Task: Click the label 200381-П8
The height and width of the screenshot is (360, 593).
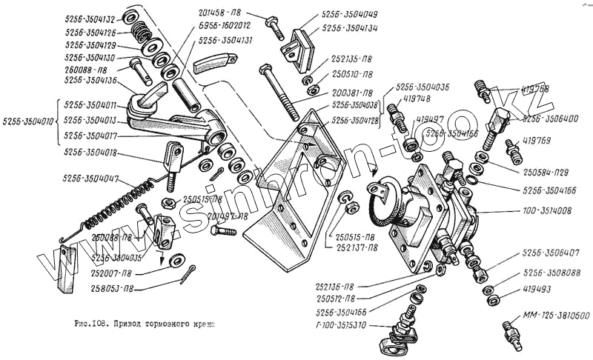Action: [352, 94]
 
